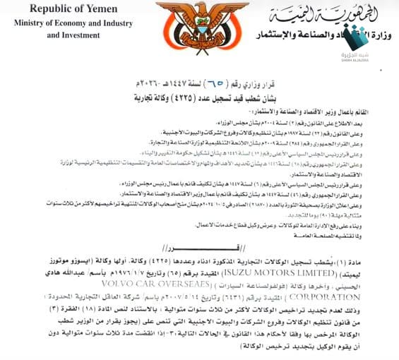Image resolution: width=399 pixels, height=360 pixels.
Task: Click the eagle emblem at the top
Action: pos(200,29)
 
